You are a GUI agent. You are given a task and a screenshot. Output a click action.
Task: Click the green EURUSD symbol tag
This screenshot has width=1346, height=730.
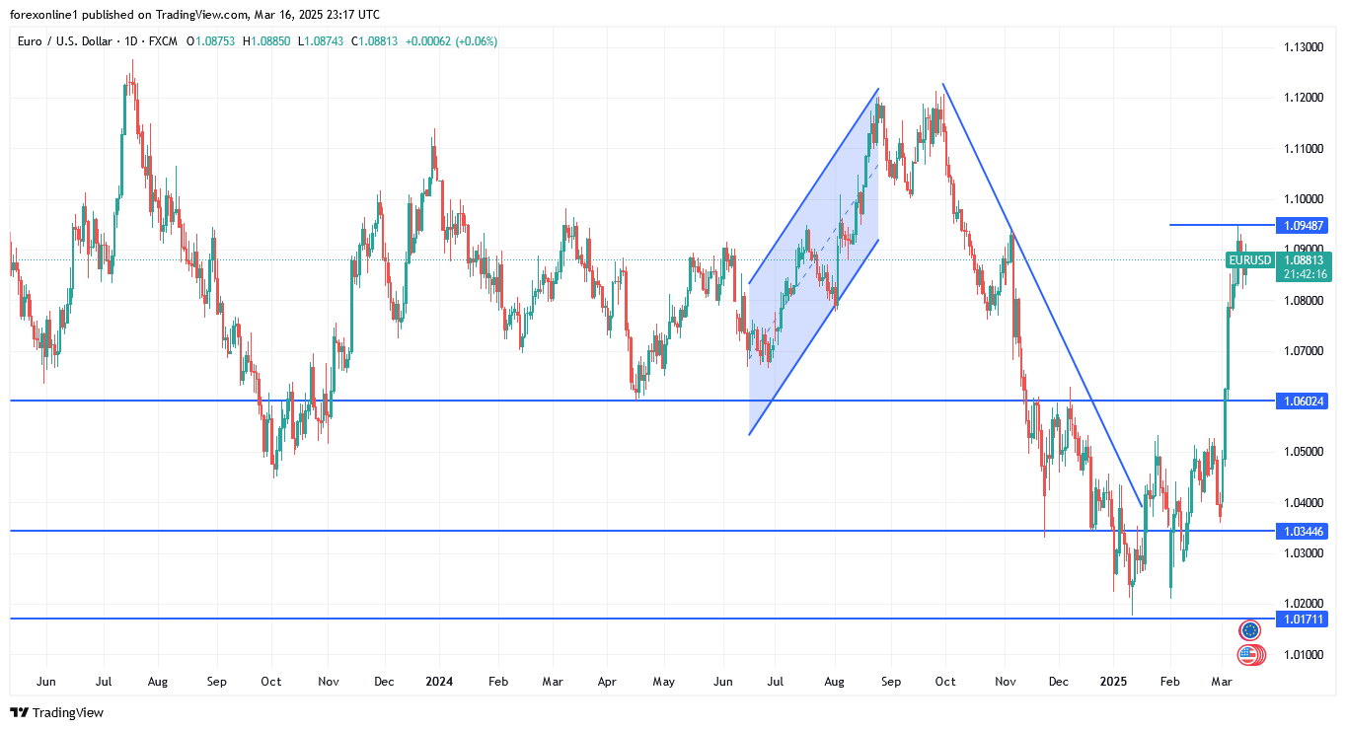tap(1249, 260)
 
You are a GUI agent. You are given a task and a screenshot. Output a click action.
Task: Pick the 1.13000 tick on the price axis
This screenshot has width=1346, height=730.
tap(1303, 47)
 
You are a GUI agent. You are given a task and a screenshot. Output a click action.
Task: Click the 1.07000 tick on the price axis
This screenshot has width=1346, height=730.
tap(1303, 350)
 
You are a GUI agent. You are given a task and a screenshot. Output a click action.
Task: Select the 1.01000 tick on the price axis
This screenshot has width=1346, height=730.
tap(1303, 654)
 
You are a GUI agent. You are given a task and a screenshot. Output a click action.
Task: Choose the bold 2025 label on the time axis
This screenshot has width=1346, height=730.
tap(1113, 682)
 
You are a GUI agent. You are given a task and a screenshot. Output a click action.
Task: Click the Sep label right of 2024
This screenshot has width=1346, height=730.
tap(890, 682)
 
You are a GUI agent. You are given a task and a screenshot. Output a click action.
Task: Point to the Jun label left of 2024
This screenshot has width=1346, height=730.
tap(45, 682)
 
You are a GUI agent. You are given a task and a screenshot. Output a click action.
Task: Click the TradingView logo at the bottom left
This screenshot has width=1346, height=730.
tap(56, 712)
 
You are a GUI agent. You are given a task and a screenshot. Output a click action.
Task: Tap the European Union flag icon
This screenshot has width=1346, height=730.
tap(1250, 630)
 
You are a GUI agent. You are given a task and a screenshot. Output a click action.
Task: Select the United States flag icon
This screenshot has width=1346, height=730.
tap(1250, 653)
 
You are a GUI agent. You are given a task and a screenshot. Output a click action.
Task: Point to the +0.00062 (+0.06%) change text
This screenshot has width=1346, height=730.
tap(451, 41)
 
